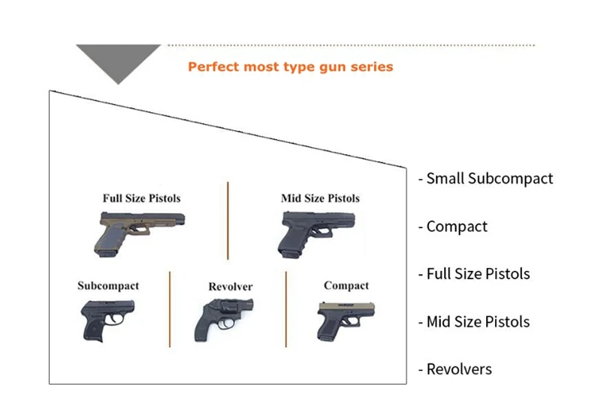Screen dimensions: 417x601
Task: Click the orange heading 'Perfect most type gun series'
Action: click(x=290, y=67)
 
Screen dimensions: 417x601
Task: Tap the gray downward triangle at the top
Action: click(x=118, y=60)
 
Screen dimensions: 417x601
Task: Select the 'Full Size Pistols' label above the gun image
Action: click(x=141, y=199)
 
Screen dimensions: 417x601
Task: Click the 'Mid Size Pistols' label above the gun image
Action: click(x=320, y=199)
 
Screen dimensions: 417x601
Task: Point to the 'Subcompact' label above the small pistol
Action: click(x=108, y=286)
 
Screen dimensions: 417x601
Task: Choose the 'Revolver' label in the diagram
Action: click(x=230, y=287)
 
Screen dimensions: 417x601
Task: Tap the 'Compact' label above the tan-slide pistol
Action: click(x=346, y=286)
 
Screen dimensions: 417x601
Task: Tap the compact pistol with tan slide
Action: click(x=345, y=320)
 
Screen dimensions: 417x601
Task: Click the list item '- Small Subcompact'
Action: click(x=485, y=179)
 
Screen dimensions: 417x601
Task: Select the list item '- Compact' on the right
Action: click(x=452, y=227)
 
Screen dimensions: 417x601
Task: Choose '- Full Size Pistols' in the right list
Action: click(x=473, y=274)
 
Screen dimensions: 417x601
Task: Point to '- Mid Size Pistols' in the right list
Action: click(x=473, y=322)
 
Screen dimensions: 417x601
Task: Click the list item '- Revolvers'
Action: click(x=455, y=370)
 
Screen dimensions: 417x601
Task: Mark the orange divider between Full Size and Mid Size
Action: click(x=228, y=219)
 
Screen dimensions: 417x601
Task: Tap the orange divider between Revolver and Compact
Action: click(x=286, y=309)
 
